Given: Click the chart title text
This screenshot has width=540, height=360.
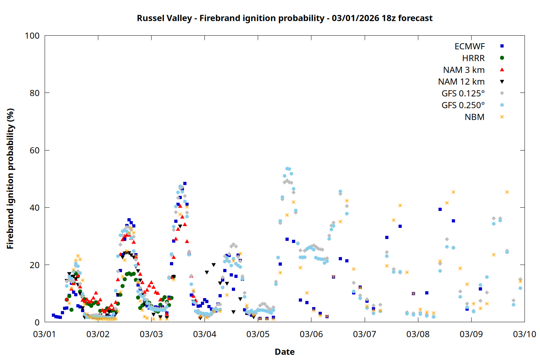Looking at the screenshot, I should point(284,18).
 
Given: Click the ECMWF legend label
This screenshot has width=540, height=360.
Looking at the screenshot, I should point(469,46).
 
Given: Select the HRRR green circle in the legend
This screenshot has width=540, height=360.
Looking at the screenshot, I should point(502,58).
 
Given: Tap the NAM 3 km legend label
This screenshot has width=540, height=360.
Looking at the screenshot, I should point(464,70).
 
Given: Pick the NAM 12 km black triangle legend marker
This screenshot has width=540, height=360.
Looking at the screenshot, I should point(502,82).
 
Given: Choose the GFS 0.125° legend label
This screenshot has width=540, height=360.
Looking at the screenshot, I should point(463,94).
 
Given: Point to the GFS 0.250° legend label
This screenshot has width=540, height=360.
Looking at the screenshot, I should point(463,105).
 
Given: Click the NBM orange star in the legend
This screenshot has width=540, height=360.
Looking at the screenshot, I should point(502,117).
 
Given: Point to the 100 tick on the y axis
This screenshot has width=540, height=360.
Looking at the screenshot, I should point(32,36).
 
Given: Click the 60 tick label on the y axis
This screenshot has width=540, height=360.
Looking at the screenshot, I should point(35,150).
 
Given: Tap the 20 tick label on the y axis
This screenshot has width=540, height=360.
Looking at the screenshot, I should point(35,265).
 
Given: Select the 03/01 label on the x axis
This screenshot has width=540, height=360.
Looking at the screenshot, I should point(44,334).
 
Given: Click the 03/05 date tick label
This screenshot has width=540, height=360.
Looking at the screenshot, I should point(258,334).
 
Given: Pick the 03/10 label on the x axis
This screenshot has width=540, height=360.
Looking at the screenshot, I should point(524,334).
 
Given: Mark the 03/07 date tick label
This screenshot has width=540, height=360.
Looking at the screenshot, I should point(364,334).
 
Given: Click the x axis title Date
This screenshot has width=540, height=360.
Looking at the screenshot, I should point(284,352).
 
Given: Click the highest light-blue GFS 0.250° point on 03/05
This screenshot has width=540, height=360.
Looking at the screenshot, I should point(287,168).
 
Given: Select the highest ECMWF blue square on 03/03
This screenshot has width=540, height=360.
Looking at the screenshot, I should point(185,184).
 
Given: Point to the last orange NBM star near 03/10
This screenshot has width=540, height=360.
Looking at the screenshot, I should point(520,282).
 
